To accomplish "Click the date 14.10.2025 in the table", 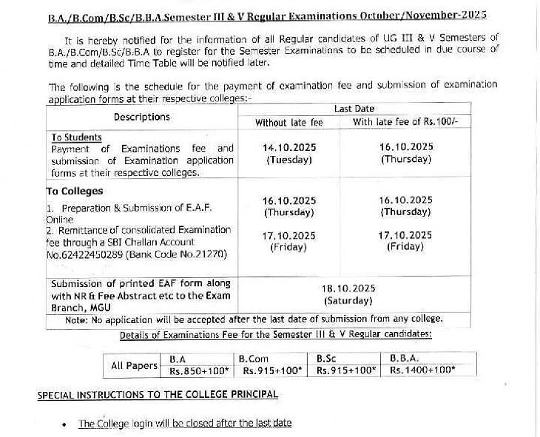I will coord(289,147).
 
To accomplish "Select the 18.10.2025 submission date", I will coord(348,288).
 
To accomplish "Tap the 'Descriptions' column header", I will coord(141,117).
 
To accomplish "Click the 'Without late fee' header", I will coord(289,122).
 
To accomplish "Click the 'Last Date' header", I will coord(354,109).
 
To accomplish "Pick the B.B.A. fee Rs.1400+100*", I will coord(422,370).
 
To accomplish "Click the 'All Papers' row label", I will coord(134,365).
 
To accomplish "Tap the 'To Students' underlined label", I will coord(77,138).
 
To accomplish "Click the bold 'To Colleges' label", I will coord(74,191).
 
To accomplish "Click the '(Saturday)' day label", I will coord(348,301).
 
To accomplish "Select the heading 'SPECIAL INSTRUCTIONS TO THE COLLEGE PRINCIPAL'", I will coord(158,395).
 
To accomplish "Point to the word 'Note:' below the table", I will coord(77,319).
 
